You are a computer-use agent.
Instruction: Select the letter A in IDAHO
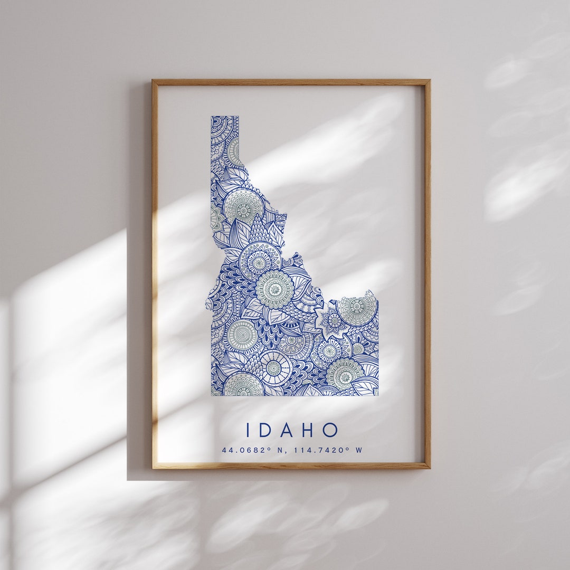288,430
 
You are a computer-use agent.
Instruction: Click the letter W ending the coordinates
359,450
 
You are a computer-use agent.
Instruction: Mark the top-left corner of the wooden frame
153,80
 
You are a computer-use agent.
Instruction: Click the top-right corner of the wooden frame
430,80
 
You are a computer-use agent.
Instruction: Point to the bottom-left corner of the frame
153,468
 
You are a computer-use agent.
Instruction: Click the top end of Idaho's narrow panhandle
225,117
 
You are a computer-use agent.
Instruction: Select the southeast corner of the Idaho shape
377,394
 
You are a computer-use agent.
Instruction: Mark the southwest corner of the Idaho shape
212,394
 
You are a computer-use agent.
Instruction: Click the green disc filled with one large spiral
242,334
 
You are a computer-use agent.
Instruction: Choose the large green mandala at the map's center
274,289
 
